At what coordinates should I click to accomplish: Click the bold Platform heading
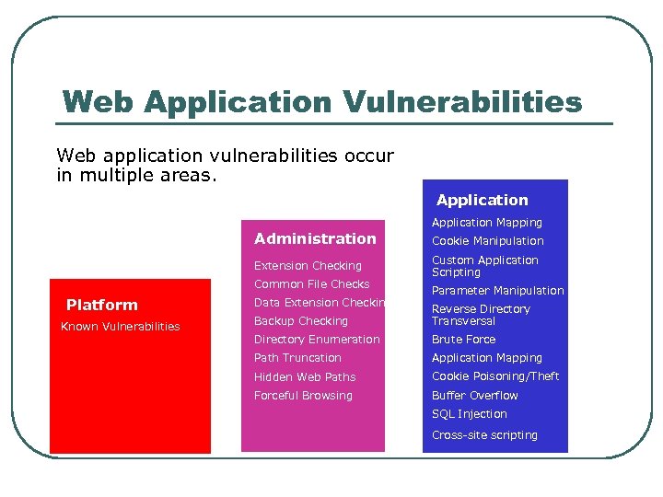tap(102, 305)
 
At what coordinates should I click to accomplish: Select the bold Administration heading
tap(315, 238)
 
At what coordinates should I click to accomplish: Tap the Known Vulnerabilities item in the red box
tap(121, 327)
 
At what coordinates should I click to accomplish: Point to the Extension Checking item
tap(308, 266)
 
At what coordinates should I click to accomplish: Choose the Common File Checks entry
tap(311, 284)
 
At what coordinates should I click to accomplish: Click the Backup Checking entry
tap(301, 321)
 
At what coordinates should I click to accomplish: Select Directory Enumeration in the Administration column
tap(317, 340)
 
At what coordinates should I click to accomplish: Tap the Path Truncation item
tap(297, 358)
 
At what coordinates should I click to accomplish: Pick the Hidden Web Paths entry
tap(305, 377)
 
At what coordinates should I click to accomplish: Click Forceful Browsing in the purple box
tap(303, 396)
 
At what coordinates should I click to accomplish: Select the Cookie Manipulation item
tap(488, 241)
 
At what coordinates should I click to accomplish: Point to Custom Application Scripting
tap(485, 266)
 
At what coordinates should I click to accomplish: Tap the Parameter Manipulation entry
tap(498, 291)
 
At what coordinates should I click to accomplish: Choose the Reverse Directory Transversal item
tap(481, 315)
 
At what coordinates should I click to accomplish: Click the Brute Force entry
tap(464, 340)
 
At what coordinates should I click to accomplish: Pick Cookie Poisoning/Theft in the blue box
tap(495, 376)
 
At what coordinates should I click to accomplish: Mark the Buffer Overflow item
tap(475, 396)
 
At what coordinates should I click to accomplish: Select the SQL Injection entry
tap(470, 414)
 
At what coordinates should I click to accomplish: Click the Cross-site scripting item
tap(484, 435)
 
